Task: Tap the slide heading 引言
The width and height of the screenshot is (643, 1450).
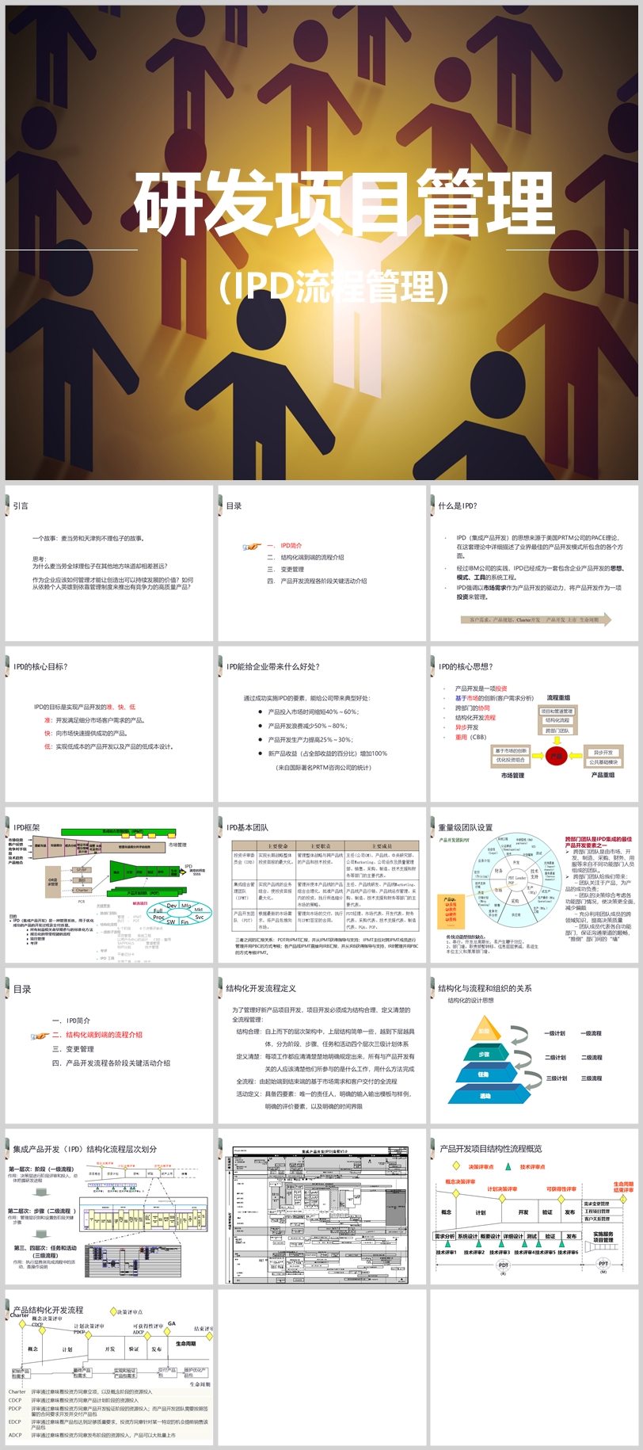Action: [21, 506]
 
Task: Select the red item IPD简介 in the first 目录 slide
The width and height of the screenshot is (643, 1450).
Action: [291, 545]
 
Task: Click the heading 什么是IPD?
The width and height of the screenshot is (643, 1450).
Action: [458, 506]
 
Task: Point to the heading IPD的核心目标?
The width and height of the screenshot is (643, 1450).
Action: [40, 666]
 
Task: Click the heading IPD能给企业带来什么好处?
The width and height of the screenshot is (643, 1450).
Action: [273, 666]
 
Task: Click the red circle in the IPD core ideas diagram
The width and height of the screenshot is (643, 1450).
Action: [557, 755]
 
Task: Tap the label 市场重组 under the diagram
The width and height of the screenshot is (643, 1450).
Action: [512, 776]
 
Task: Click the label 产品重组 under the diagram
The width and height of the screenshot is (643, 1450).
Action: [603, 775]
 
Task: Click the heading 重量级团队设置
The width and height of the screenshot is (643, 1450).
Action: [466, 827]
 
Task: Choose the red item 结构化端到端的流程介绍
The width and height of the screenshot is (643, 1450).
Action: [104, 1035]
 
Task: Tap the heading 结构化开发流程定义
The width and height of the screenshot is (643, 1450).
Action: [261, 988]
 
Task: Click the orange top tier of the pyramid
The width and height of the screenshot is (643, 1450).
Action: [484, 1031]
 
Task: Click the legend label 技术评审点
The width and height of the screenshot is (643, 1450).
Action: [532, 1166]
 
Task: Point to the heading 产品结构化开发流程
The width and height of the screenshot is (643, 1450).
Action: [48, 1310]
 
